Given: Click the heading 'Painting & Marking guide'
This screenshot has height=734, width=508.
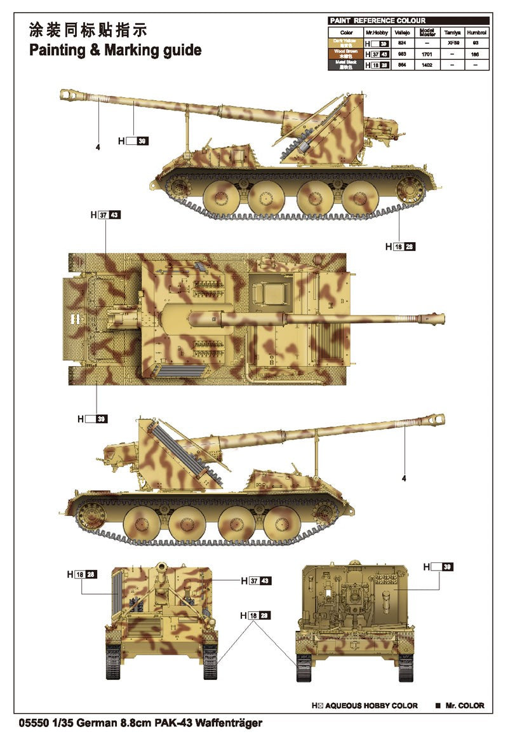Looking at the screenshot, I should point(115,50).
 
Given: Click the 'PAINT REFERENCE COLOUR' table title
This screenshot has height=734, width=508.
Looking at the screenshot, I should point(377,21).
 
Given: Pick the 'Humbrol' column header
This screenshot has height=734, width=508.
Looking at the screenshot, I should point(476,32).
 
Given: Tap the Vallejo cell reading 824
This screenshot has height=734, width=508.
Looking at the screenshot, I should point(401,43).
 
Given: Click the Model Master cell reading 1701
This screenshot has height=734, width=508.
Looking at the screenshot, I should point(427,54).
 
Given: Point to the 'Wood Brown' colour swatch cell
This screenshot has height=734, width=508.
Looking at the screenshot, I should point(345,54).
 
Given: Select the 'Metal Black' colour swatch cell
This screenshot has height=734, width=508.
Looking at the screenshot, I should point(345,64).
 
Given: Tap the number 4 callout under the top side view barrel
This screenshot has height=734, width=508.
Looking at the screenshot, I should point(98,147).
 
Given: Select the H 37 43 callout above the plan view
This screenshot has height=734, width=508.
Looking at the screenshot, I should point(105,215).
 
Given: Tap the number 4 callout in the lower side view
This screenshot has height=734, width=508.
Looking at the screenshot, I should point(403,479).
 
